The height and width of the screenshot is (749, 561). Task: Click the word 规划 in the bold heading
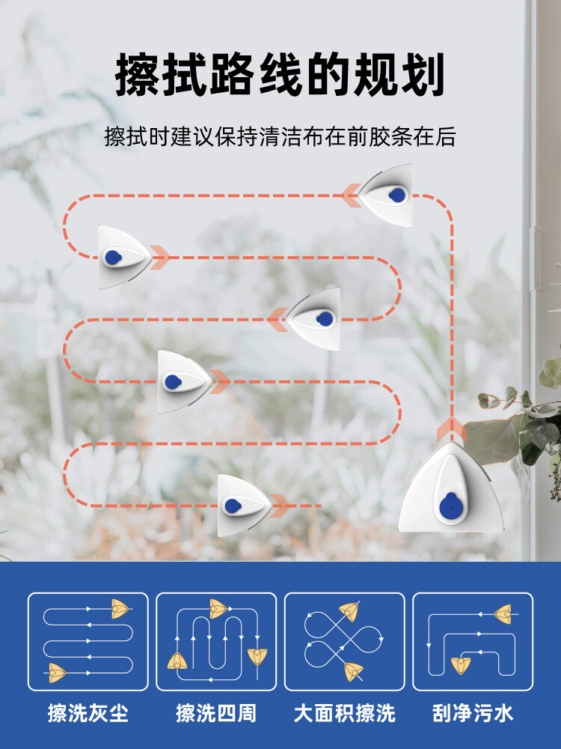pyautogui.click(x=399, y=75)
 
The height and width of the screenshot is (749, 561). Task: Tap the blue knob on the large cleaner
pyautogui.click(x=450, y=506)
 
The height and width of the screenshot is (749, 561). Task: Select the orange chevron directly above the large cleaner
pyautogui.click(x=451, y=428)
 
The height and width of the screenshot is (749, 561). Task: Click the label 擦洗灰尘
pyautogui.click(x=88, y=713)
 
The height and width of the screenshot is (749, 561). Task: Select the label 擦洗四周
pyautogui.click(x=216, y=713)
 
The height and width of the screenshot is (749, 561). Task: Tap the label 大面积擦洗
pyautogui.click(x=344, y=713)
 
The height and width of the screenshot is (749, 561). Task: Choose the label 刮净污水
pyautogui.click(x=473, y=713)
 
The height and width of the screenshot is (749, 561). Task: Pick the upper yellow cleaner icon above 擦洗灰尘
pyautogui.click(x=120, y=608)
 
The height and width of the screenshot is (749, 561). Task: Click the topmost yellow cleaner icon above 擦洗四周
pyautogui.click(x=218, y=608)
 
